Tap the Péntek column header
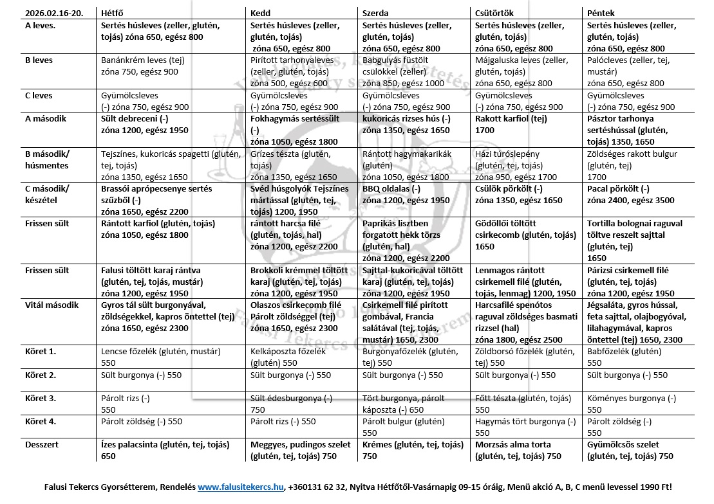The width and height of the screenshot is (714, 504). click(601, 13)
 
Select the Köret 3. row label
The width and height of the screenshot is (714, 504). click(41, 399)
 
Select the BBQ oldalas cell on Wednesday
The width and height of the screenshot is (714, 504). click(406, 195)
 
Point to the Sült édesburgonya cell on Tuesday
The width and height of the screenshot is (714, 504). click(291, 404)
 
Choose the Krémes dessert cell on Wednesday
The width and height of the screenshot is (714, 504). click(413, 451)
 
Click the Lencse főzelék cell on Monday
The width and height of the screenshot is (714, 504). click(161, 357)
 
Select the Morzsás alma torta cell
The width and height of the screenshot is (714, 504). click(518, 451)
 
